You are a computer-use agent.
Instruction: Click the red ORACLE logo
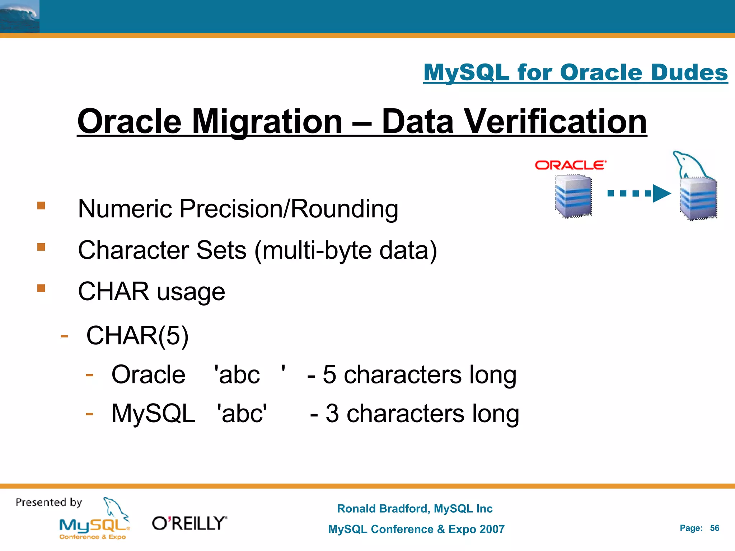pos(570,165)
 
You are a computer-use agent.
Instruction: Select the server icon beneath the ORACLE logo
pos(573,196)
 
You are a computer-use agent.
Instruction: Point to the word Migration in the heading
pos(267,122)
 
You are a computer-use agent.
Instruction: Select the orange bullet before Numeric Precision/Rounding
pos(41,206)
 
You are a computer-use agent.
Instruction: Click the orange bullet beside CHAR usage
pos(41,288)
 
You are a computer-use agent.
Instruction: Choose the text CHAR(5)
pos(137,336)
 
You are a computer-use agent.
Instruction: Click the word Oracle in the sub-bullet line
pos(148,375)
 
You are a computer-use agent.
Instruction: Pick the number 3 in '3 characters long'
pos(332,413)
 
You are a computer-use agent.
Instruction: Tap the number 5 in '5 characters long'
pos(329,375)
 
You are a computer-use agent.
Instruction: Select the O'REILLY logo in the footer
pos(189,523)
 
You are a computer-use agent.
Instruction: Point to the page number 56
pos(715,528)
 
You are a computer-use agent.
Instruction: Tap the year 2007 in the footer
pos(490,529)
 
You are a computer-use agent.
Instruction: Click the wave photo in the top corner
pos(19,17)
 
